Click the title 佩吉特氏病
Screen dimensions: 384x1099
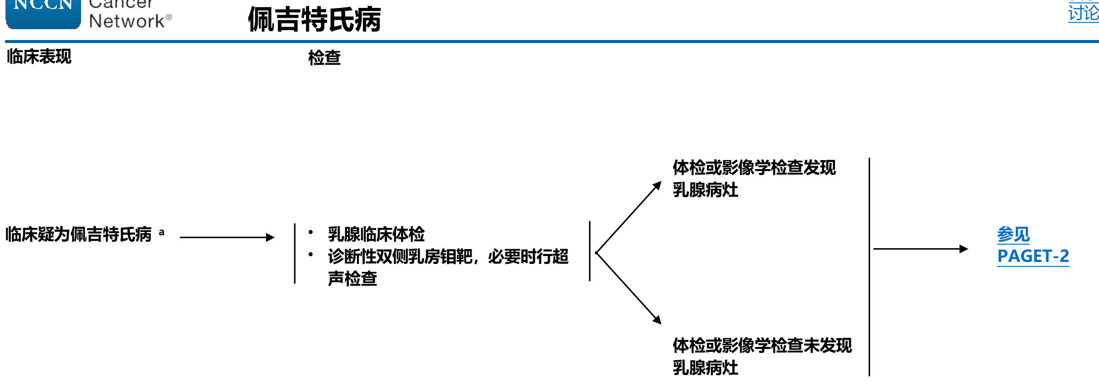[x=314, y=20]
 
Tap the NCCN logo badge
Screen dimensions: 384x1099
[x=43, y=12]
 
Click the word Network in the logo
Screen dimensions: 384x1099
[x=127, y=21]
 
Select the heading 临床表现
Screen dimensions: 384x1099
[x=39, y=57]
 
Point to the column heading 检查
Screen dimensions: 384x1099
[x=324, y=58]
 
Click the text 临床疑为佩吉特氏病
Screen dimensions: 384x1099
[x=79, y=234]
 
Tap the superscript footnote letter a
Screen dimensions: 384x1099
[x=162, y=232]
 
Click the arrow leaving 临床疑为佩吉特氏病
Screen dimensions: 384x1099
[x=227, y=237]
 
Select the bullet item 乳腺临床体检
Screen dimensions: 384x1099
[x=376, y=234]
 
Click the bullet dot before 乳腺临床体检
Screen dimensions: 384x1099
[x=310, y=232]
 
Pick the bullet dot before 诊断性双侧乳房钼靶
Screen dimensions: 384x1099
[x=310, y=255]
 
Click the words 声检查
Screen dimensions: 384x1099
[x=352, y=279]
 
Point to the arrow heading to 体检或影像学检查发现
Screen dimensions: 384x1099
[x=628, y=218]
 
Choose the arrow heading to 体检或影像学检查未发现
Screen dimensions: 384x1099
[x=628, y=288]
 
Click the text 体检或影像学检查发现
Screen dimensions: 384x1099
[x=754, y=168]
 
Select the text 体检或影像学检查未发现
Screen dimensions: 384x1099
[x=762, y=346]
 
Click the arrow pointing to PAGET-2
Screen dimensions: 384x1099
[x=920, y=249]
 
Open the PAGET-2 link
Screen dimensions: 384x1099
[x=1033, y=256]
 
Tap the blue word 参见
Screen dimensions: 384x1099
[x=1013, y=234]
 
